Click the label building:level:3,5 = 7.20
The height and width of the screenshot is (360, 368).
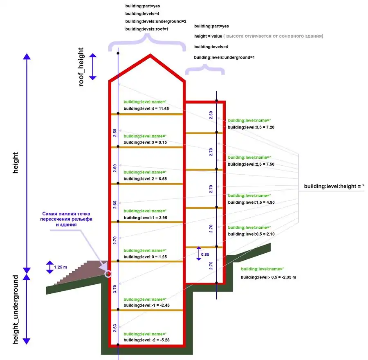248,127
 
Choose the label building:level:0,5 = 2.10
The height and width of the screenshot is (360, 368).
248,234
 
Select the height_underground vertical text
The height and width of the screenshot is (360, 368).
16,309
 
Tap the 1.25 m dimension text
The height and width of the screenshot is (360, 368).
61,267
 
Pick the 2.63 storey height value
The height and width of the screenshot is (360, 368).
115,328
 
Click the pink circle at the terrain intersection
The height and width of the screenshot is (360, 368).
108,274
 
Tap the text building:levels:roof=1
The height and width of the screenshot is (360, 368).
146,29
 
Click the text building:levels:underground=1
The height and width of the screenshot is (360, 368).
224,57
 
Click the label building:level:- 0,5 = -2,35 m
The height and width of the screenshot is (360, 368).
268,277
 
